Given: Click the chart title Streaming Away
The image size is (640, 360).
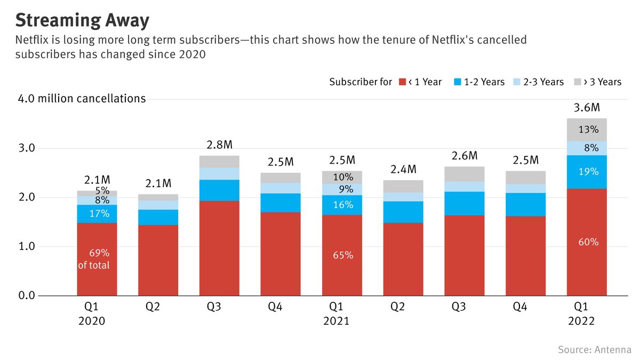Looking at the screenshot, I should coord(82,21).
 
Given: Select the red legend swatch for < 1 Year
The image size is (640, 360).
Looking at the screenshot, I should coord(403,82).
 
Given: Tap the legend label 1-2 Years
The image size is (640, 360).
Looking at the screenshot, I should coord(484,82).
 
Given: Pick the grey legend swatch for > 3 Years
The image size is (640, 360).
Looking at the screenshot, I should coord(578,82).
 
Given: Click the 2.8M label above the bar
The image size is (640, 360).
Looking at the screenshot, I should coord(219,146).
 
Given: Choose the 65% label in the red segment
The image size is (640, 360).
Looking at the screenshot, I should coord(342,255).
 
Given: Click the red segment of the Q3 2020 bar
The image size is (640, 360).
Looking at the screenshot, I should coord(219,248).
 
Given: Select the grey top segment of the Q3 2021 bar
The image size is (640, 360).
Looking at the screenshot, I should coord(465,174).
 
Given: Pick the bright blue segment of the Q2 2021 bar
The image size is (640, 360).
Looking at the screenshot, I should coord(403,212).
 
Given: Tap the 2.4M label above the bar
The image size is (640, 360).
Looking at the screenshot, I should coord(403,170).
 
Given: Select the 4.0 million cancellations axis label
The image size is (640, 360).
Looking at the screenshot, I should coord(82,99).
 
